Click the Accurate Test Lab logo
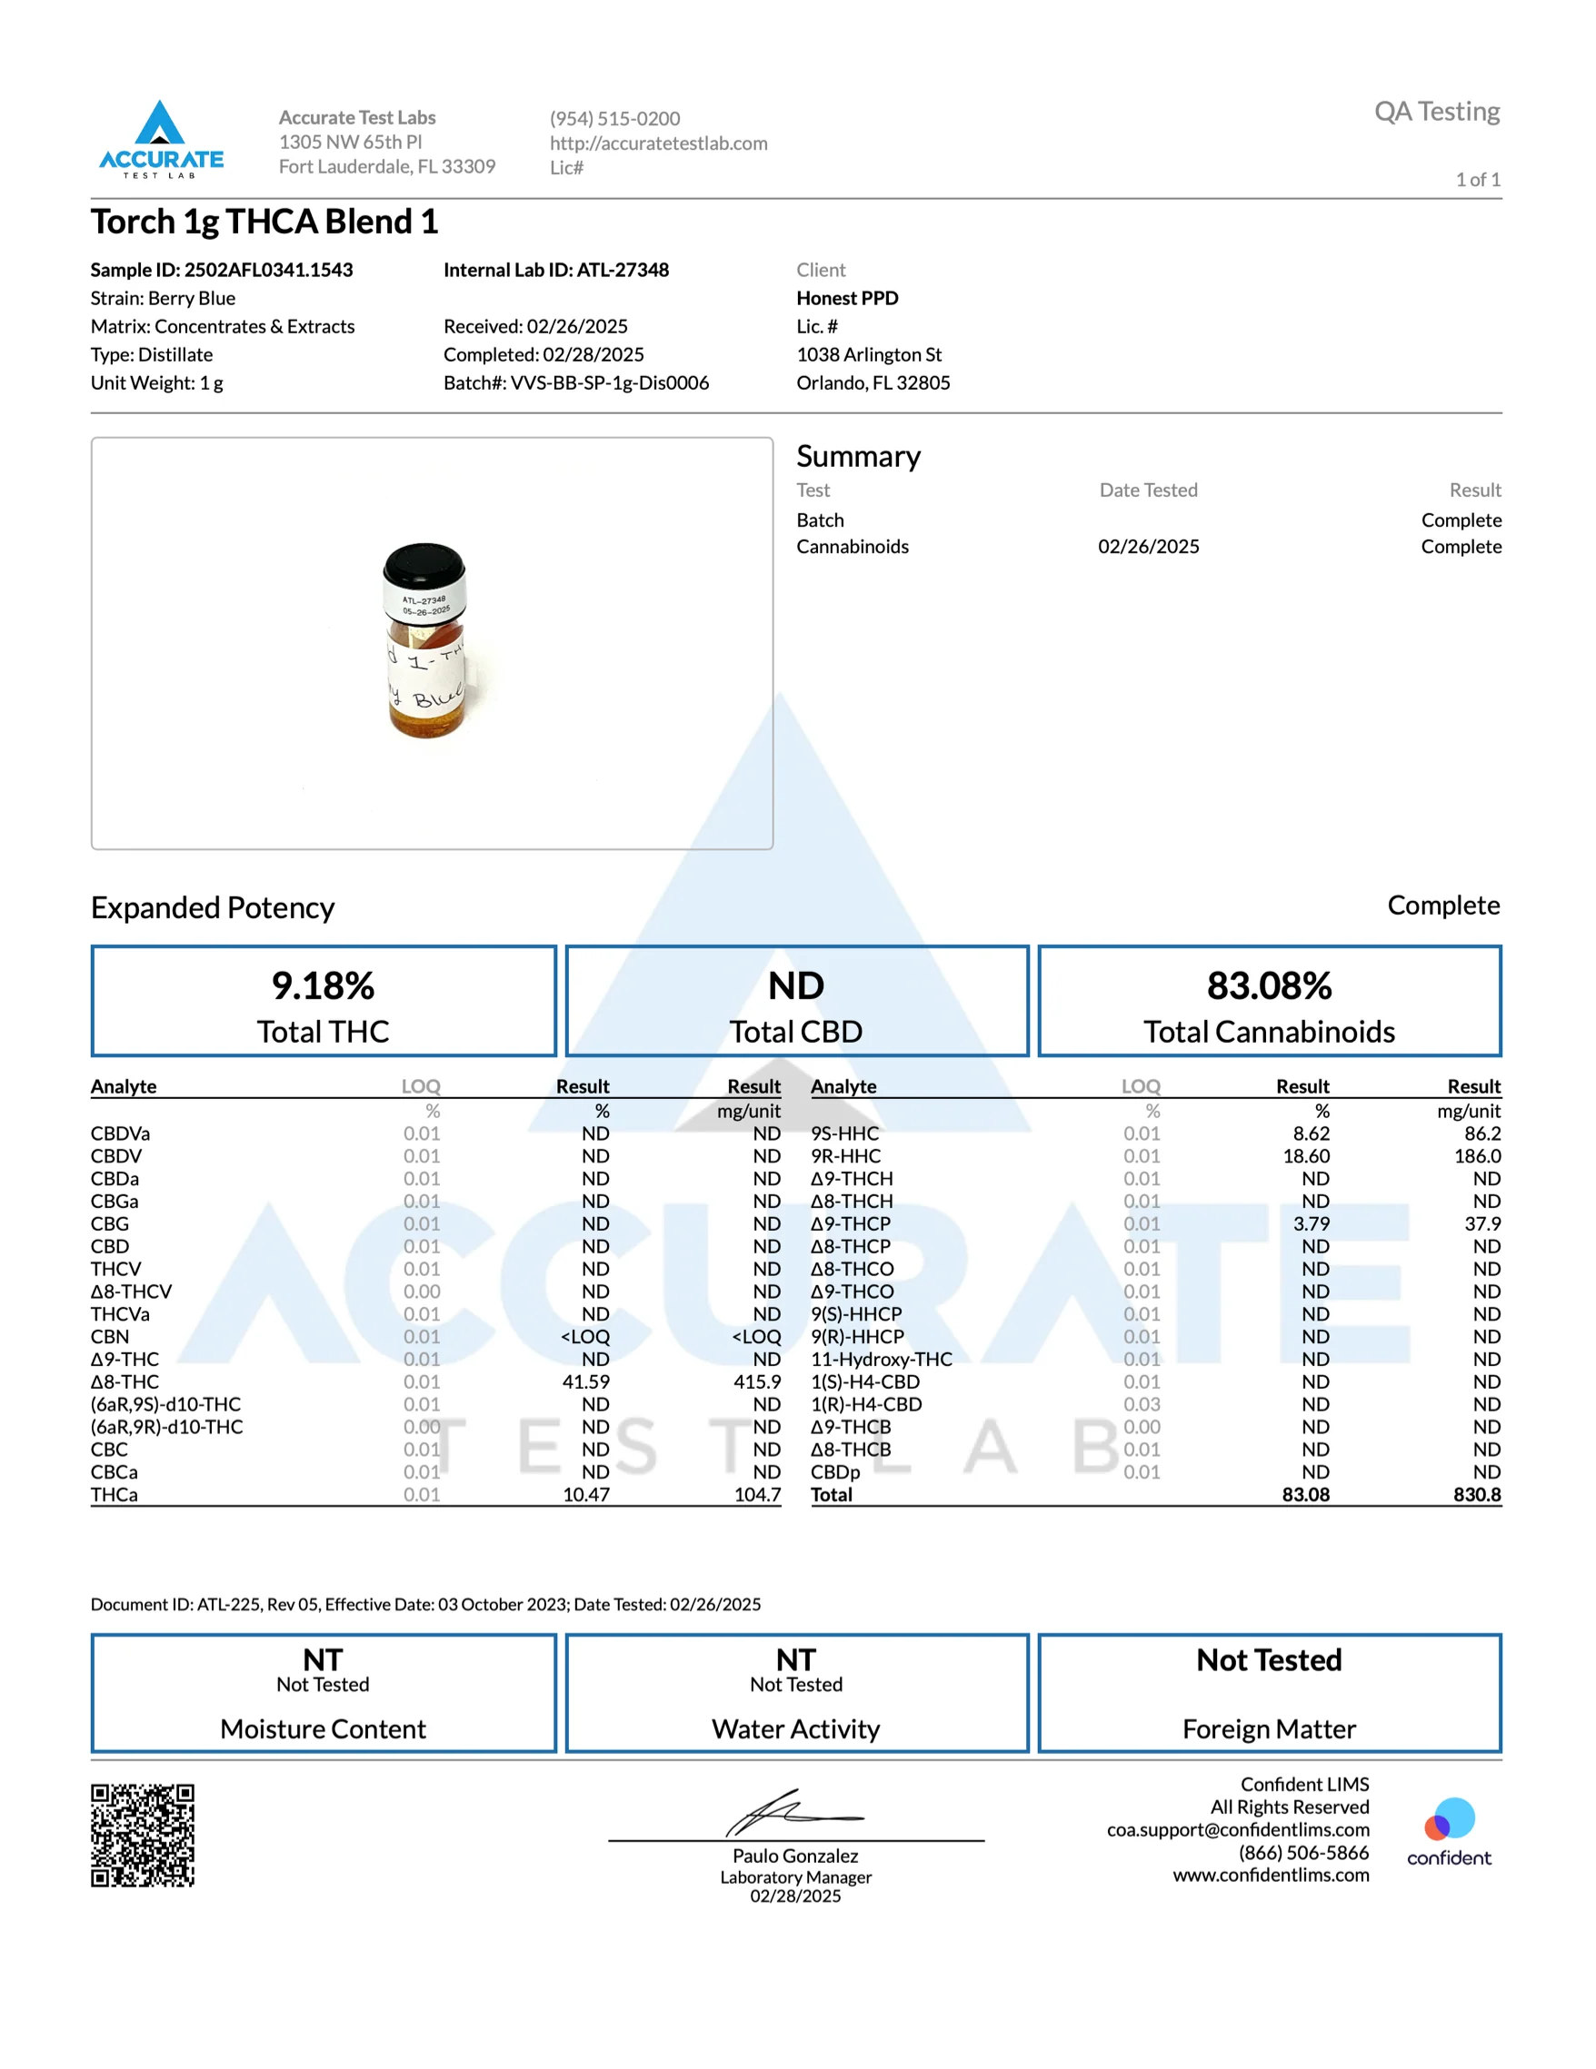coord(161,139)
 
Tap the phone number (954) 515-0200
coord(614,118)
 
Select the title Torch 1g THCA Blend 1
coord(264,222)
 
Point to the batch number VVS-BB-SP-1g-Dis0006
coord(609,382)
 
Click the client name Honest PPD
coord(847,299)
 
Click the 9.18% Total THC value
coord(324,985)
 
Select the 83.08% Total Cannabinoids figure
coord(1269,985)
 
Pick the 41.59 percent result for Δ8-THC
coord(585,1382)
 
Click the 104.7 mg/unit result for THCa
coord(757,1495)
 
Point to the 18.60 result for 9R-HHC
coord(1306,1156)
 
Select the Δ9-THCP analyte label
coord(850,1224)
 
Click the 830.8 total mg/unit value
coord(1477,1495)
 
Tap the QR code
coord(142,1835)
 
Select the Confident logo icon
coord(1449,1819)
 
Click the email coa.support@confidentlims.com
coord(1238,1829)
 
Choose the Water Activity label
coord(796,1729)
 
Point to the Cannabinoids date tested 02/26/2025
coord(1149,547)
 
